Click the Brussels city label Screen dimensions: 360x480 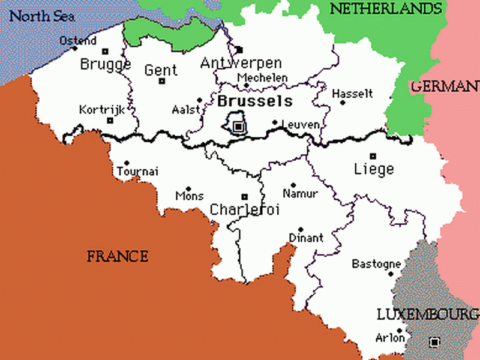(255, 100)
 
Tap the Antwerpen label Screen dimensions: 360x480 (241, 63)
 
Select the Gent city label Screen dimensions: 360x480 (161, 70)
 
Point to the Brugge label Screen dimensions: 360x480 (106, 64)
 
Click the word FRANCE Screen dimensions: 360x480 (117, 257)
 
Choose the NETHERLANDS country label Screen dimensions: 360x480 (386, 8)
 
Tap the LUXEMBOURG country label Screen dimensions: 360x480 (427, 314)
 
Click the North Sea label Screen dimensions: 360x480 (42, 16)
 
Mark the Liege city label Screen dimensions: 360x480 (374, 169)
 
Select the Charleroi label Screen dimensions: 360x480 (245, 209)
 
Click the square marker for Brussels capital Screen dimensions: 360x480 (239, 126)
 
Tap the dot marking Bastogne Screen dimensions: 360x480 (391, 274)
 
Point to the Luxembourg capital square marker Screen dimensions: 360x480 (434, 343)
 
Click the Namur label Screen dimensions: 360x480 (300, 194)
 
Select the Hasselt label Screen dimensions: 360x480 (352, 94)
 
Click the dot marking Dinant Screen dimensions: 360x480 (301, 229)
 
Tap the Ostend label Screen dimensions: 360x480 (77, 41)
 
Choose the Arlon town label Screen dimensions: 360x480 (390, 338)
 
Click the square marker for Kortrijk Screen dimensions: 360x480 (110, 121)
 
